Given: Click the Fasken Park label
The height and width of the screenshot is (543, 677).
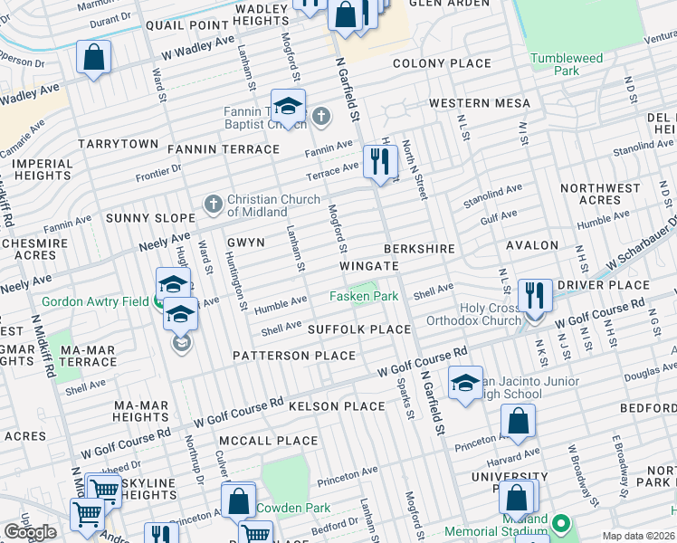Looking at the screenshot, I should pos(363,296).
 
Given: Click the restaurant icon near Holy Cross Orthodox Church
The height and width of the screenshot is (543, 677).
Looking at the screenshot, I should pos(535,294).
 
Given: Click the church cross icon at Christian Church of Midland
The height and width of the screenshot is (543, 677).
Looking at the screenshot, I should pos(213,204).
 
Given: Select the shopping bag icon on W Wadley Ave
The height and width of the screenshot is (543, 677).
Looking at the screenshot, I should pos(93,58).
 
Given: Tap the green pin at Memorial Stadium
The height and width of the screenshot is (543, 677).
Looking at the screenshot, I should pos(561,524).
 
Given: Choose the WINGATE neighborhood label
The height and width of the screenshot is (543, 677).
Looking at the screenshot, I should pos(369,266).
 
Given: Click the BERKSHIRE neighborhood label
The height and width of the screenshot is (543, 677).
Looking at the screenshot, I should pos(418,248).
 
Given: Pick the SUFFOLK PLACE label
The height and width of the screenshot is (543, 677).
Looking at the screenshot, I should pos(359,329).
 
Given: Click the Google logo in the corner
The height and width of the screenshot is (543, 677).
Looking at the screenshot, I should pos(30,531).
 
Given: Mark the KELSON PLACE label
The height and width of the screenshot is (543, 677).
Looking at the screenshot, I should pos(337,406).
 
